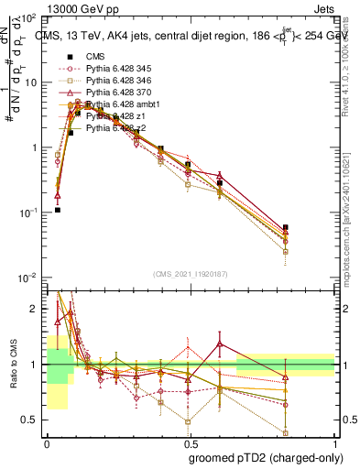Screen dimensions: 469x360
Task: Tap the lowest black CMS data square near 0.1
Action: [x=57, y=210]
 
